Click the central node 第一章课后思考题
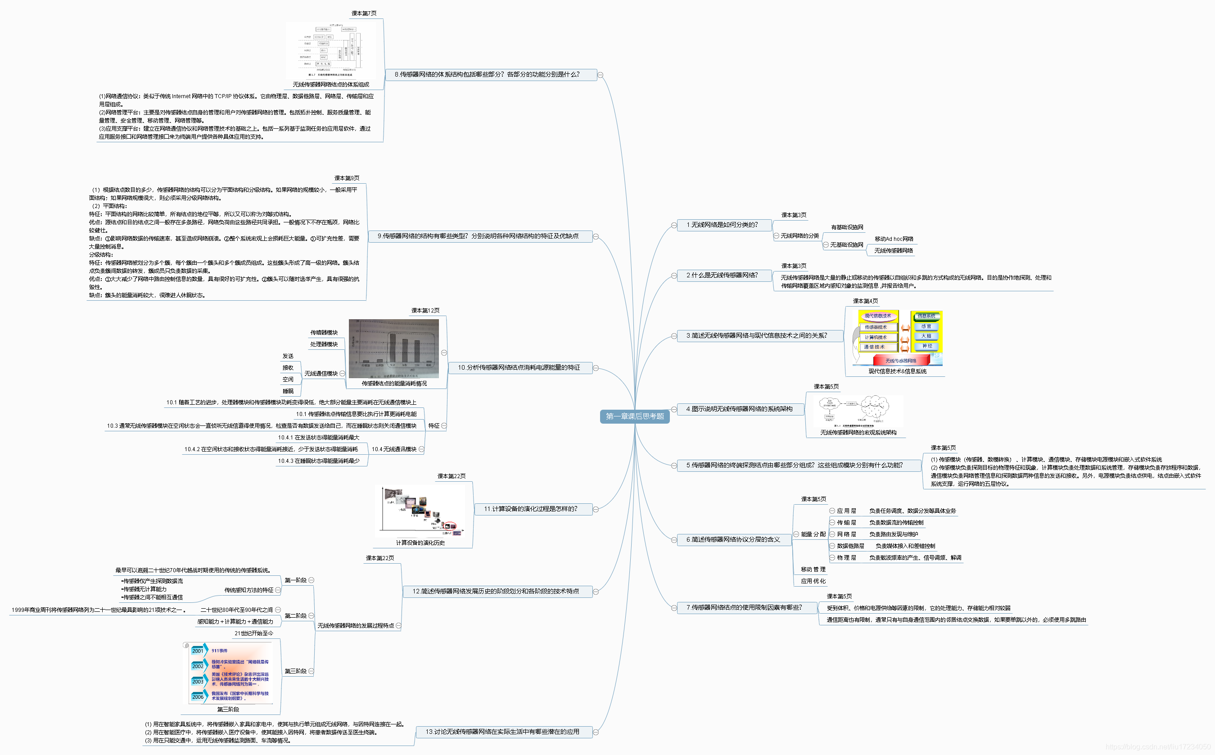pos(634,416)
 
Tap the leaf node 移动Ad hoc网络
pos(894,239)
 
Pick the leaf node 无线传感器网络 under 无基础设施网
pos(893,251)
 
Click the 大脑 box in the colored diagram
pos(926,336)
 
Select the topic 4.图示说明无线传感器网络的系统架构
pos(739,409)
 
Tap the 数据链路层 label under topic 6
pos(850,546)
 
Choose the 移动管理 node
pos(813,569)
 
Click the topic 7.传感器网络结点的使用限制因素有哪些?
pos(744,607)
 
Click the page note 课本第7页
pos(364,14)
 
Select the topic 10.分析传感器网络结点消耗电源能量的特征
pos(519,367)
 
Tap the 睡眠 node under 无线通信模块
pos(288,391)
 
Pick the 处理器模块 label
pos(324,344)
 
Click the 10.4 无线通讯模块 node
pos(393,449)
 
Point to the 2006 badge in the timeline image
pos(198,696)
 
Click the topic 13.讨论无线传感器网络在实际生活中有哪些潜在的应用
pos(502,732)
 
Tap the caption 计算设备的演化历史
pos(420,543)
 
